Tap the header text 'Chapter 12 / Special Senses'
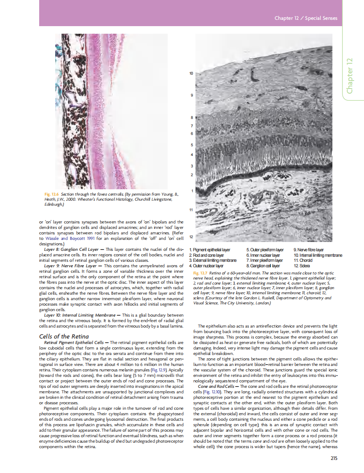click(306, 18)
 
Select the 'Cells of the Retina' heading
click(64, 336)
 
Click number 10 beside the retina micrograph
click(191, 74)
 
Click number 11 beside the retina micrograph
click(191, 210)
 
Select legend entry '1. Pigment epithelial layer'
click(210, 250)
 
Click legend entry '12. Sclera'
click(302, 266)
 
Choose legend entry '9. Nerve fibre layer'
click(309, 250)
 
